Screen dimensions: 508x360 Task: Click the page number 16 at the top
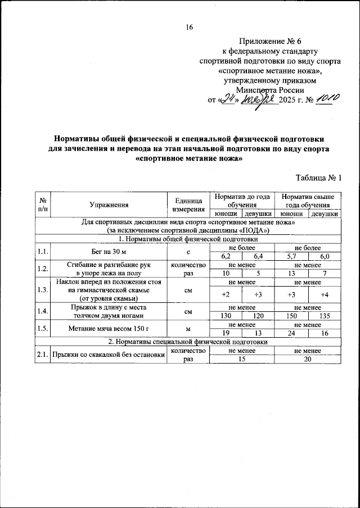coord(189,27)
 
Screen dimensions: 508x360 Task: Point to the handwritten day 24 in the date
coord(228,99)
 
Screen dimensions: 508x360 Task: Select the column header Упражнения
coord(109,205)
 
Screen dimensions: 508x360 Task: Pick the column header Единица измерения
coord(188,205)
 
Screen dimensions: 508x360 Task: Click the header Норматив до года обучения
coord(242,201)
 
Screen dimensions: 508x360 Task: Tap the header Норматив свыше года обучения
coord(308,201)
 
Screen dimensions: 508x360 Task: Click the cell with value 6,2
coord(226,256)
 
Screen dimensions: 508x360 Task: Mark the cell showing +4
coord(325,294)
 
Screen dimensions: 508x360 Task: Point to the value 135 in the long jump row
coord(325,316)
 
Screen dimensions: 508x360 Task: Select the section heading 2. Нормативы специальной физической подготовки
coord(188,342)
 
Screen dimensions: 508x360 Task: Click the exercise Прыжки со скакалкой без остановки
coord(109,355)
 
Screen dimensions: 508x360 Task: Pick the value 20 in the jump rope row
coord(308,360)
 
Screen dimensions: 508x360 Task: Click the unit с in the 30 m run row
coord(188,252)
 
